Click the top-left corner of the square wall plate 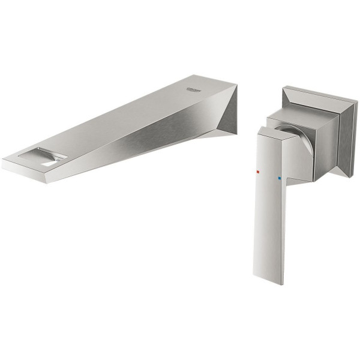283,88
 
